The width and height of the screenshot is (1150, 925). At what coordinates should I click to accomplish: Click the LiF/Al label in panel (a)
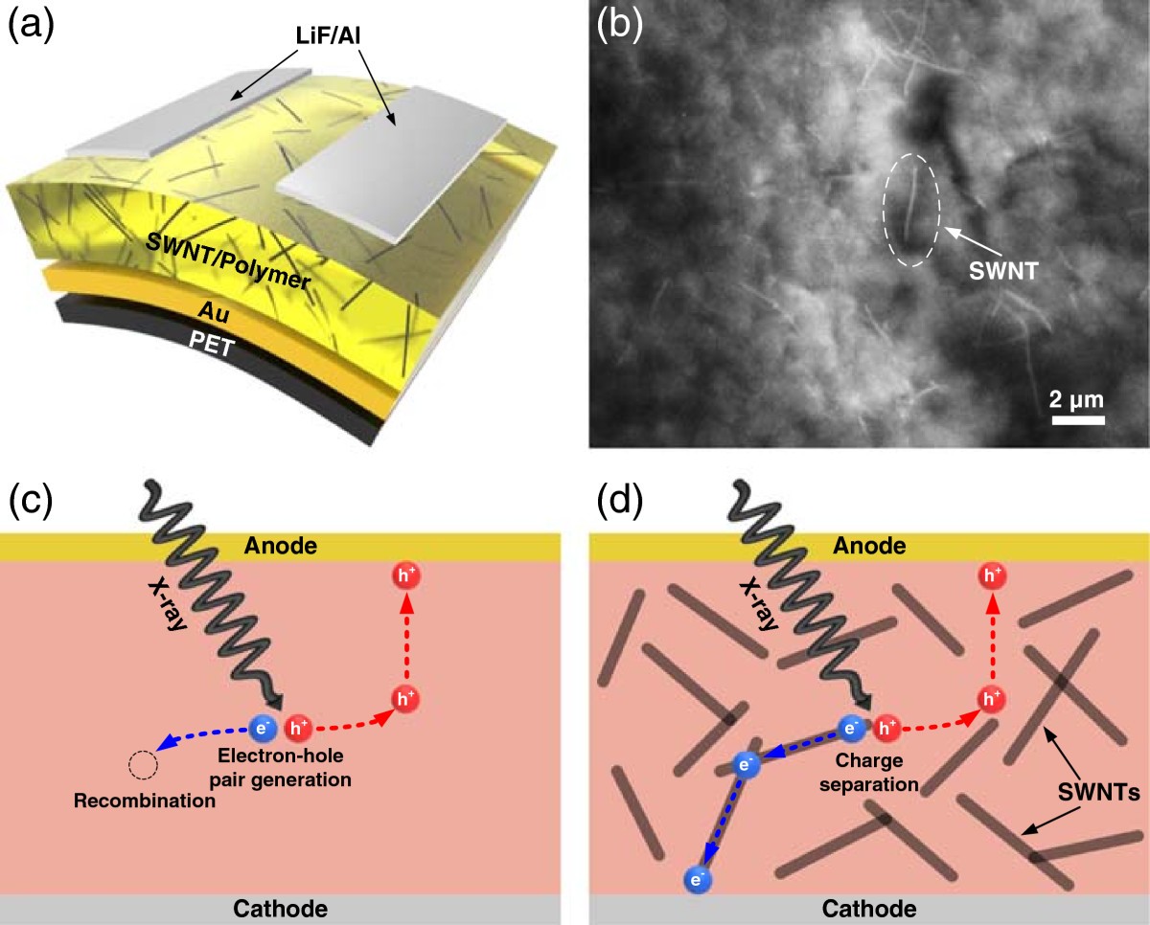[328, 35]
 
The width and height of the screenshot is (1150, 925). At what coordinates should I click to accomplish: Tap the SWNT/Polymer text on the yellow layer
[228, 261]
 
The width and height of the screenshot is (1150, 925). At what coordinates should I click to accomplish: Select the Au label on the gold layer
[214, 311]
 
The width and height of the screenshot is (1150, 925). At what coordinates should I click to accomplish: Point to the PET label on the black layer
[212, 344]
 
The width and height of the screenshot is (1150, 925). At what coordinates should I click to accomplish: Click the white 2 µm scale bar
[1078, 420]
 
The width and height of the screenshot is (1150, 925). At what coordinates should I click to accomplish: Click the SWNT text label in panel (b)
[1003, 271]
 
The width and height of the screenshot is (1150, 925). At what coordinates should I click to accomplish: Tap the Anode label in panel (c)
[281, 546]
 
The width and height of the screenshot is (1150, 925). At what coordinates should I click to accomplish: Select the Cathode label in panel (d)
[869, 909]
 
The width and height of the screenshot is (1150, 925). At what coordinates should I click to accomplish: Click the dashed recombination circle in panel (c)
[143, 765]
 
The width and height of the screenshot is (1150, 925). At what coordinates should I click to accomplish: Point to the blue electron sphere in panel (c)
[263, 728]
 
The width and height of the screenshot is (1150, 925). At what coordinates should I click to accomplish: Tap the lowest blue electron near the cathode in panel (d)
[698, 878]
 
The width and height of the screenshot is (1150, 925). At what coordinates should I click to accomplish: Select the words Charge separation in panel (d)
[869, 773]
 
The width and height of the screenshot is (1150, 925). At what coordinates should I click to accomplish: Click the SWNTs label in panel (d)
[1098, 793]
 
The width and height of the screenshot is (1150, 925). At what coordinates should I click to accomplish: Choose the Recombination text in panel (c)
[145, 801]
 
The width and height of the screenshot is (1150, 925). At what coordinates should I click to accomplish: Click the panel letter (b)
[619, 25]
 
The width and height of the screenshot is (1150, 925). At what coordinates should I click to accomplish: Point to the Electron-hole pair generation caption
[281, 767]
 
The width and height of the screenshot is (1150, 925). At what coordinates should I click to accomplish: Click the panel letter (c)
[31, 501]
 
